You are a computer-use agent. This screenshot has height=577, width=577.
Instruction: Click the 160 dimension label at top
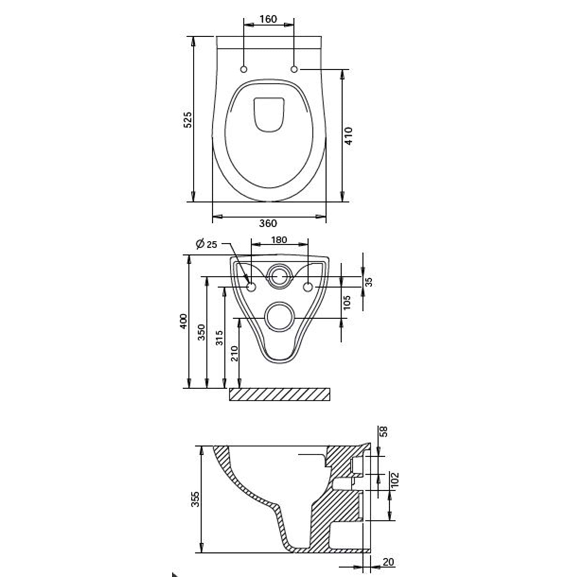pyautogui.click(x=268, y=18)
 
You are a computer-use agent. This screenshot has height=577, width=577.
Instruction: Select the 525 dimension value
pyautogui.click(x=187, y=120)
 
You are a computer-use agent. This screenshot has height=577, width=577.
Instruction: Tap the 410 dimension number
pyautogui.click(x=348, y=136)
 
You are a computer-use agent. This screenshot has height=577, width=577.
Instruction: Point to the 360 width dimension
pyautogui.click(x=268, y=223)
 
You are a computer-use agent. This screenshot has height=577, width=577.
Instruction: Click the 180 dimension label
pyautogui.click(x=279, y=240)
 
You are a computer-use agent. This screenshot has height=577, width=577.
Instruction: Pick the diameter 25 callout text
pyautogui.click(x=206, y=244)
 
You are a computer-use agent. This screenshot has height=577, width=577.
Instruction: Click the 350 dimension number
pyautogui.click(x=201, y=332)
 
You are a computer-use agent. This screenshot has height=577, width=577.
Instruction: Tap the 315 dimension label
pyautogui.click(x=219, y=338)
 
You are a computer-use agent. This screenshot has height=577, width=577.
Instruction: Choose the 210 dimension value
pyautogui.click(x=234, y=354)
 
